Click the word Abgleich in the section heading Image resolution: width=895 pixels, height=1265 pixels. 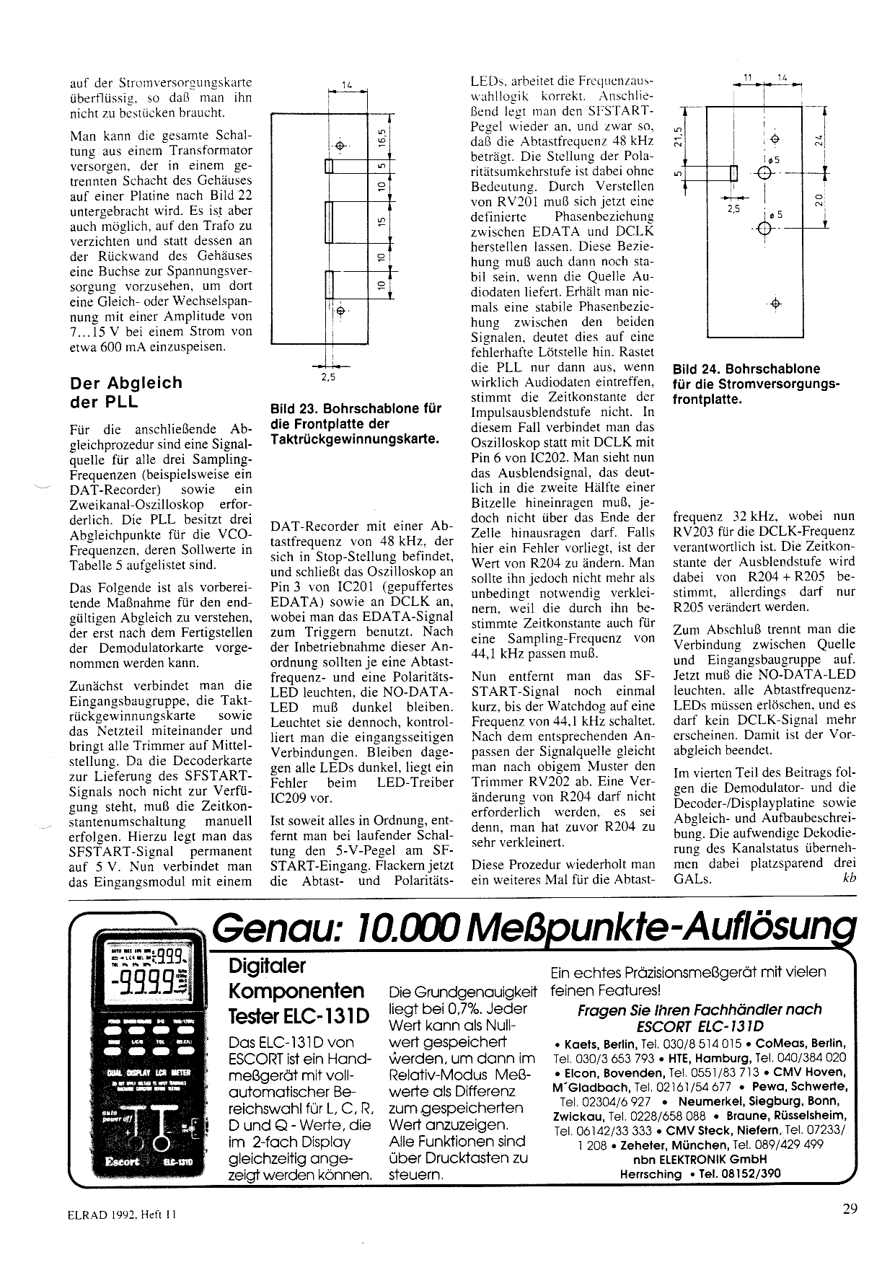145,383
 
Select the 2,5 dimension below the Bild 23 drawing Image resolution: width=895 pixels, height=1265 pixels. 328,376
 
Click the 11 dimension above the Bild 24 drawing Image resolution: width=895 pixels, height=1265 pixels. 747,77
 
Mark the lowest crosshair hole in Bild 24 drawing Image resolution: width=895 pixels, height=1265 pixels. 775,304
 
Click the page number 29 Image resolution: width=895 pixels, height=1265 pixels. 850,1209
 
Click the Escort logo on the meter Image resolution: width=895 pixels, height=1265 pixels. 122,1162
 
